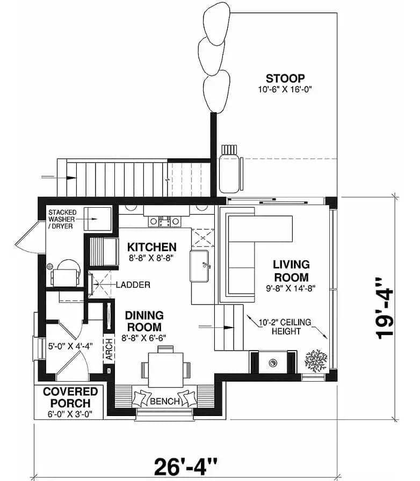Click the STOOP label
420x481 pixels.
[x=285, y=78]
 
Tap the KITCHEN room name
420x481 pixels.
[x=151, y=247]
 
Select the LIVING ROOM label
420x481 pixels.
[x=291, y=271]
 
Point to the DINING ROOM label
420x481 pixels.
[x=144, y=321]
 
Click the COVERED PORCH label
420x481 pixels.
[x=70, y=397]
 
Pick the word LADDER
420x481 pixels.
[x=133, y=285]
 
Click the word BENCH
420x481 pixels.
[x=164, y=401]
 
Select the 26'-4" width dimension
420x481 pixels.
[x=185, y=467]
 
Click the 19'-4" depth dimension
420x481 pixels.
[x=385, y=309]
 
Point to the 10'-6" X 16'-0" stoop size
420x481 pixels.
[x=285, y=90]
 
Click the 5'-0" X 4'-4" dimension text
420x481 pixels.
[x=70, y=346]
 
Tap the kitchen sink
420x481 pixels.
[x=199, y=266]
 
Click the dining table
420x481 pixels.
[x=166, y=370]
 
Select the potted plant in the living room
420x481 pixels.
[x=316, y=361]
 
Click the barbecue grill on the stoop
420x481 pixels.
[x=229, y=169]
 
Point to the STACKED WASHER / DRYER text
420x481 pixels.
[x=61, y=220]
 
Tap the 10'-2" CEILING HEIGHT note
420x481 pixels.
[x=285, y=327]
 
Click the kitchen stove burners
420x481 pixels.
[x=164, y=221]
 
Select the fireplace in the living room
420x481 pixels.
[x=273, y=362]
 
